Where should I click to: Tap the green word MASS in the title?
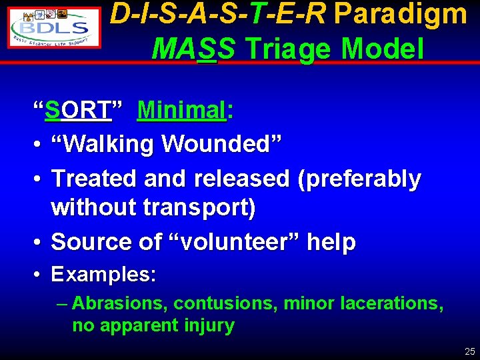coord(193,48)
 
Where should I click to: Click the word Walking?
coord(107,143)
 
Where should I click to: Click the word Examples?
coord(103,275)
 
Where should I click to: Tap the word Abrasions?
coord(120,304)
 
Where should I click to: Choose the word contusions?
coord(226,304)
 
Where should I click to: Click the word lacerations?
coord(391,304)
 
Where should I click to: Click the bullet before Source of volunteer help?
coord(39,242)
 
